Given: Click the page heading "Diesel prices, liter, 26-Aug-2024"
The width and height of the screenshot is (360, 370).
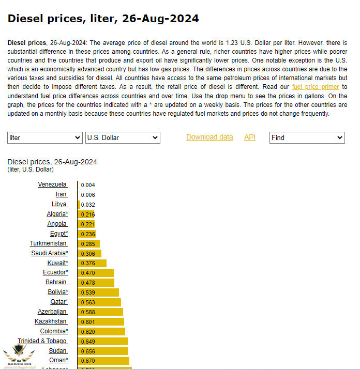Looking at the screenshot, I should click(103, 19).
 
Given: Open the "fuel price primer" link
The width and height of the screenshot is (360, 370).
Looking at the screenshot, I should click(316, 87).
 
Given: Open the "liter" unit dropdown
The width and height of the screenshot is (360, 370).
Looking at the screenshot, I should click(45, 138).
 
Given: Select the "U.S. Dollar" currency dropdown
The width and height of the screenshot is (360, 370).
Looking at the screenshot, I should click(123, 138).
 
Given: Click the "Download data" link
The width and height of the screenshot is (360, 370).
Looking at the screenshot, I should click(209, 137).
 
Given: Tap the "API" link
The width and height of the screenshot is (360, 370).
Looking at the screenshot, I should click(250, 137).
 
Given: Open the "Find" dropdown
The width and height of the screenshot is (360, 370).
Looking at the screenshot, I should click(307, 138).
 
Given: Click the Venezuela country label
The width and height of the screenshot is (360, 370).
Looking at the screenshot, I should click(52, 184).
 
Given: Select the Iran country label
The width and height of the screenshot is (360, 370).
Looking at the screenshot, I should click(61, 194).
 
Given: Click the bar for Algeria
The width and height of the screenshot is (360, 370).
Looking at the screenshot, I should click(86, 214).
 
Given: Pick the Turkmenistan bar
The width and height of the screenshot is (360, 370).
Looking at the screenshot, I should click(88, 243).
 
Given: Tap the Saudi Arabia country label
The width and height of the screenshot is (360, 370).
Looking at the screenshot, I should click(49, 253).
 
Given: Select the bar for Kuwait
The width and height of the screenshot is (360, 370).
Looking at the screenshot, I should click(92, 263).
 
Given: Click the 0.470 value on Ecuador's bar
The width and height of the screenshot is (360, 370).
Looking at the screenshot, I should click(88, 272).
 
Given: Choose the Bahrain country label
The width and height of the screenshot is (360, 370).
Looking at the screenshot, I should click(56, 282).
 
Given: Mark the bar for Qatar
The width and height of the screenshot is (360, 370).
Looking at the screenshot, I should click(99, 302).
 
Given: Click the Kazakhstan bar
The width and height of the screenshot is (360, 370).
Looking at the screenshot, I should click(101, 321).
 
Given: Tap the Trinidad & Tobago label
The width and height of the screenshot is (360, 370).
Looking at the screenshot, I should click(42, 341).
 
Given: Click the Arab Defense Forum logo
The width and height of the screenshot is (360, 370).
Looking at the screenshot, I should click(19, 357).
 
